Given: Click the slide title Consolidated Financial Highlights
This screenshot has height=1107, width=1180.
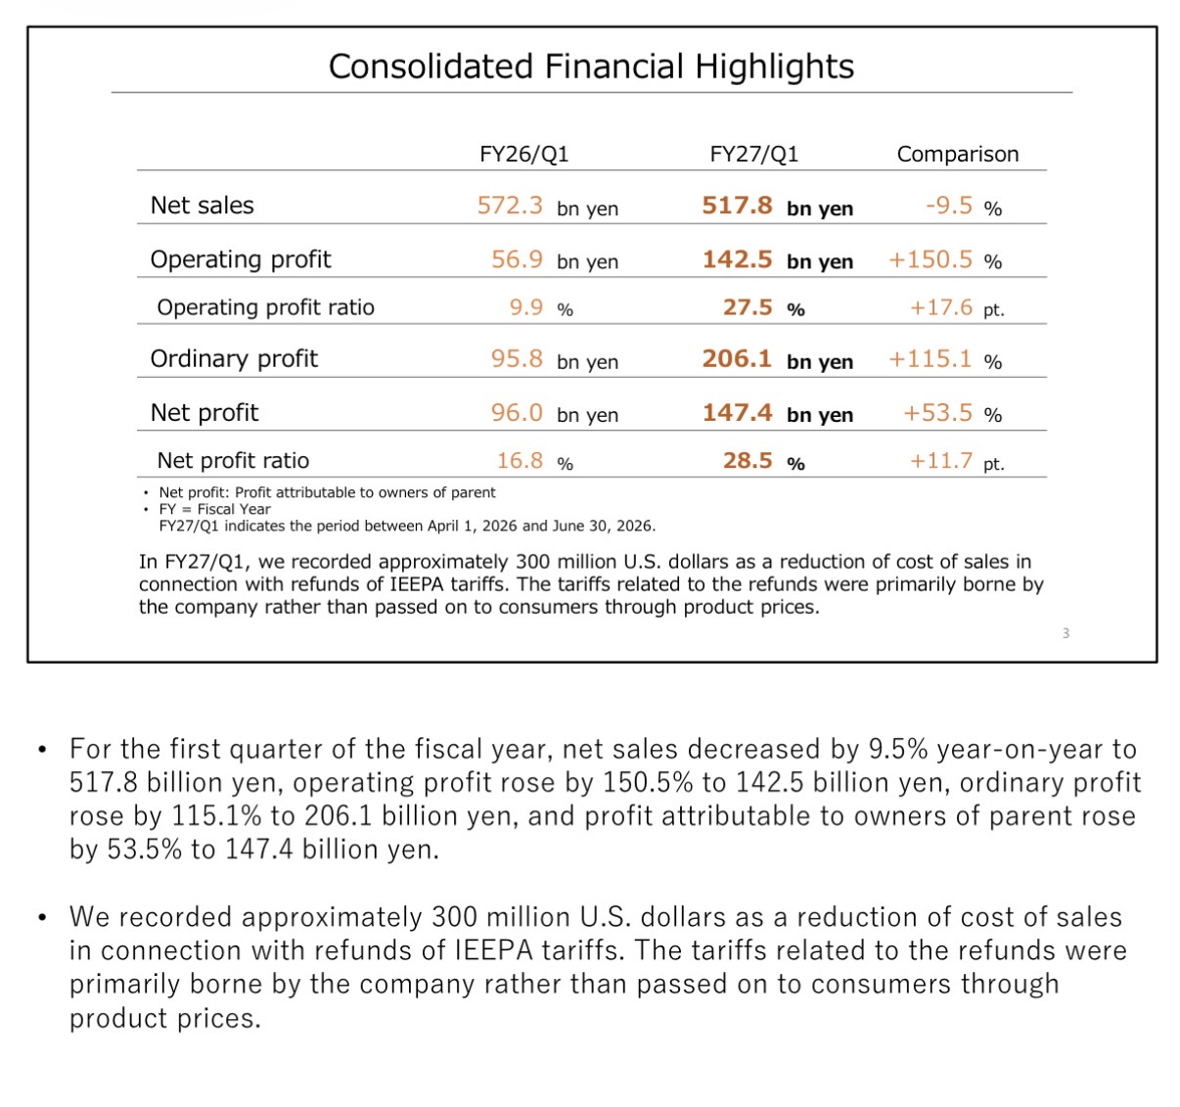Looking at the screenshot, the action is pyautogui.click(x=591, y=66).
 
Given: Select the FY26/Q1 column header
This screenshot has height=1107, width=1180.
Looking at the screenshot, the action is pyautogui.click(x=523, y=154).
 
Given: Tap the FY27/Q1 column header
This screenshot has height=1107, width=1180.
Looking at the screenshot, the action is pyautogui.click(x=753, y=154).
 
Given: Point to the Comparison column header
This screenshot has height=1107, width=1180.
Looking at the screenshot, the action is pyautogui.click(x=957, y=154).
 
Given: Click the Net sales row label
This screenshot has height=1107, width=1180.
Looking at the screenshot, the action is pyautogui.click(x=202, y=206).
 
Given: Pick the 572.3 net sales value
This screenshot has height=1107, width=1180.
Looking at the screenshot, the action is pyautogui.click(x=510, y=206).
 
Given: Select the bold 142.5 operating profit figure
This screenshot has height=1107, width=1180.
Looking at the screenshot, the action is pyautogui.click(x=737, y=259).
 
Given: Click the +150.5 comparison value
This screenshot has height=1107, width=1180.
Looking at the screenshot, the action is pyautogui.click(x=930, y=259).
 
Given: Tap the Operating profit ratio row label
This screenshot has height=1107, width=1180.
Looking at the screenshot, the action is pyautogui.click(x=265, y=307).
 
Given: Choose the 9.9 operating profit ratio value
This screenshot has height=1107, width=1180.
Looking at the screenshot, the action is pyautogui.click(x=526, y=306).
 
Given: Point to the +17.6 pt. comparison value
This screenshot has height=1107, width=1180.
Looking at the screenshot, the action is pyautogui.click(x=957, y=307).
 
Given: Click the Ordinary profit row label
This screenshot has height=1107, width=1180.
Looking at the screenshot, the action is pyautogui.click(x=234, y=358).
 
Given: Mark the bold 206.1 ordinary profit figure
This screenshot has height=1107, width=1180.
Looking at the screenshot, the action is pyautogui.click(x=737, y=358).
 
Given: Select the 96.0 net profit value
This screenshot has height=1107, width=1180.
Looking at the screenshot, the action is pyautogui.click(x=517, y=412).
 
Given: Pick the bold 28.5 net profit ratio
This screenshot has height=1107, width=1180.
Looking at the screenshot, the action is pyautogui.click(x=748, y=460).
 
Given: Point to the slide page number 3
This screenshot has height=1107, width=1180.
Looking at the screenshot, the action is pyautogui.click(x=1066, y=633).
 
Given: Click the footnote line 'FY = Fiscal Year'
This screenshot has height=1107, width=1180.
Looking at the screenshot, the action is pyautogui.click(x=214, y=509).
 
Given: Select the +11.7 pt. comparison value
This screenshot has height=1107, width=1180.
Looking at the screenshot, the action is pyautogui.click(x=957, y=461).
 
